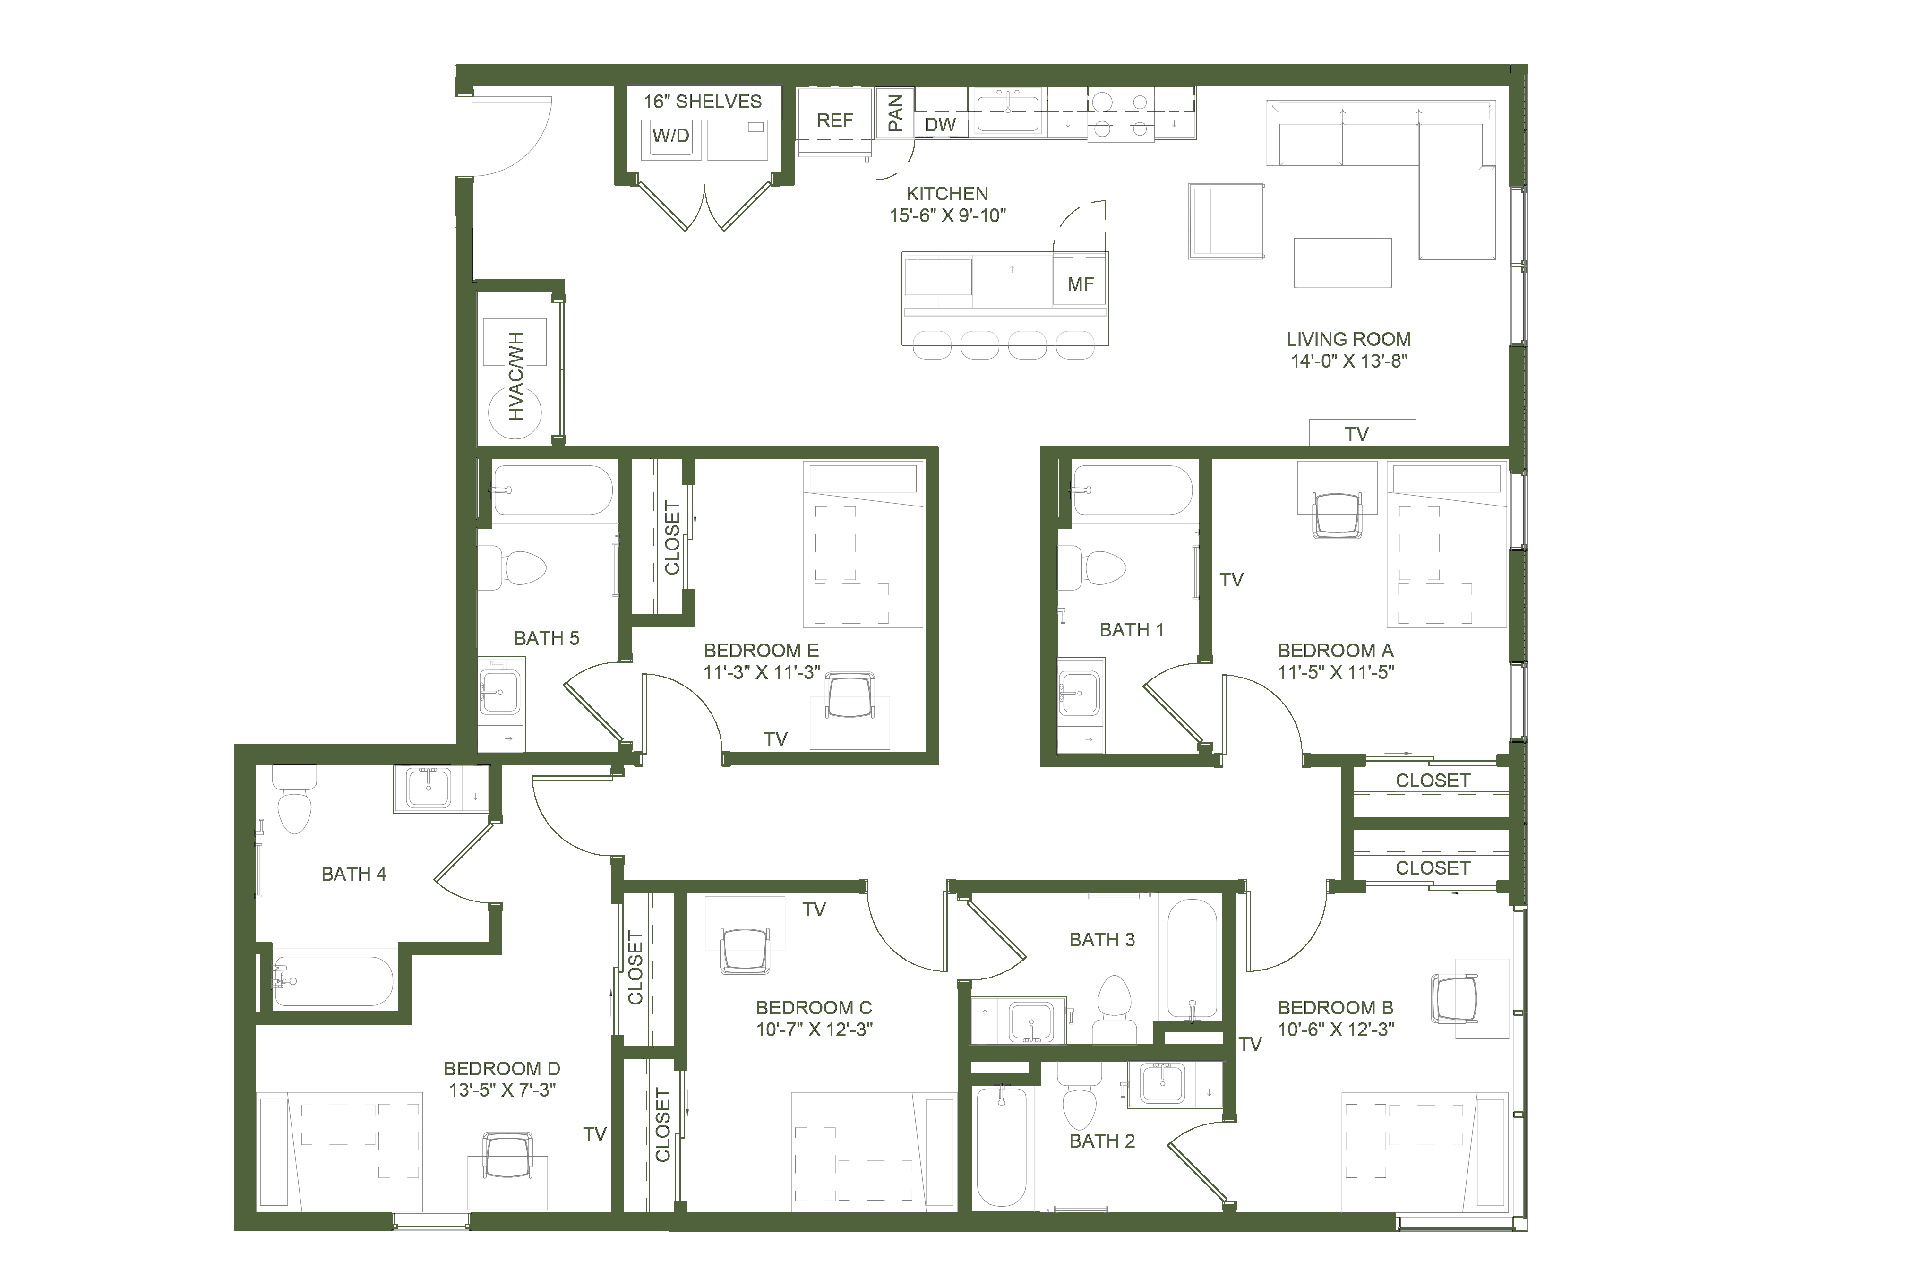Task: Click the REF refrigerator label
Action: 834,120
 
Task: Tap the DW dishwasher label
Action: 940,125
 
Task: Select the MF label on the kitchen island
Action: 1081,283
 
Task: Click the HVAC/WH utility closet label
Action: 515,376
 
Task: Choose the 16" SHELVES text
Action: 703,102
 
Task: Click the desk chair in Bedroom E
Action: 850,695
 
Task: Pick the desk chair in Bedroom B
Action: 1454,998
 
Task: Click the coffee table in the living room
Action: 1343,262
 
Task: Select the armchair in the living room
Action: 1226,221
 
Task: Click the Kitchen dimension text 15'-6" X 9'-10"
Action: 948,215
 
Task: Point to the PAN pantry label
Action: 895,112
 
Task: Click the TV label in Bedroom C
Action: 814,909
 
